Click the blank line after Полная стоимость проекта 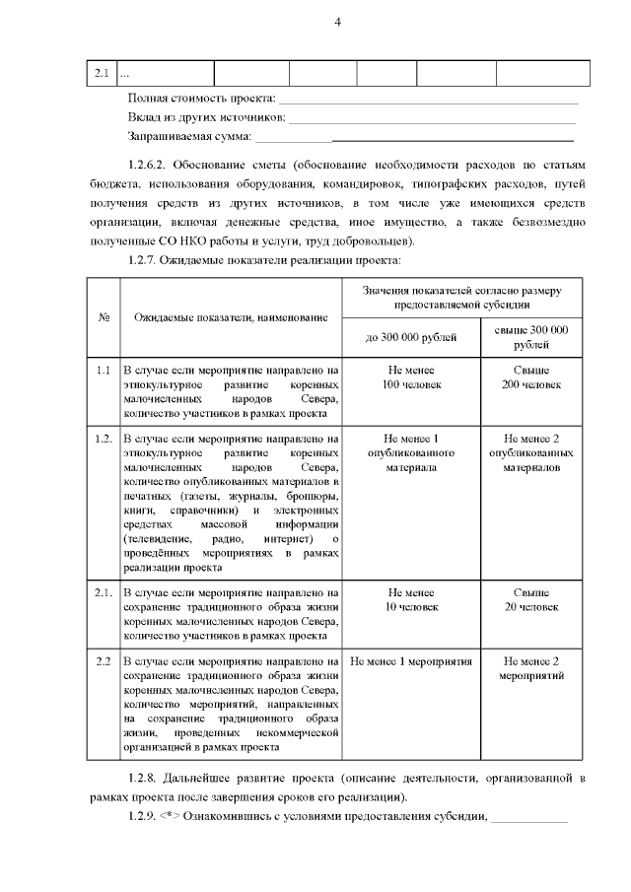[428, 102]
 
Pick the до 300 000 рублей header [411, 337]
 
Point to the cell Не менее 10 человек [411, 600]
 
